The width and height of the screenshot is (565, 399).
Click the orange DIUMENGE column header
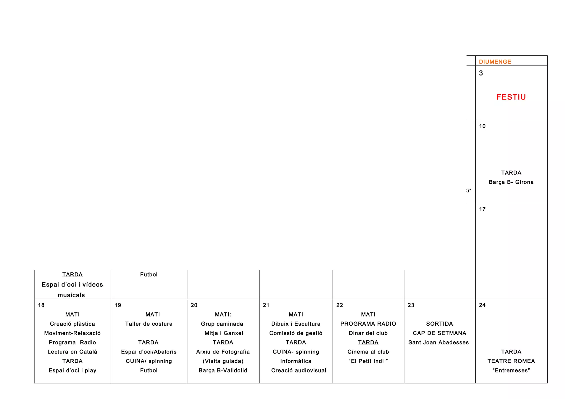click(x=495, y=62)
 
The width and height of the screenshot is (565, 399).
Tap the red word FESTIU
click(x=511, y=97)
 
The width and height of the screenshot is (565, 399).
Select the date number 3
click(x=481, y=73)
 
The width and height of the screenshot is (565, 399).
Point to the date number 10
click(x=482, y=126)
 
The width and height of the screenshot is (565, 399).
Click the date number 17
click(x=482, y=209)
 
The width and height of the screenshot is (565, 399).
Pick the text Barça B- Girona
click(x=511, y=182)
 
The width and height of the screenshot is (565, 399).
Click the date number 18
click(x=41, y=305)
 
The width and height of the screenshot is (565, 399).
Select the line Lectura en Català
click(x=72, y=352)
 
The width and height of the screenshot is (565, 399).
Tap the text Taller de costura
click(x=149, y=324)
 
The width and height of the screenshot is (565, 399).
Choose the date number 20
click(x=194, y=305)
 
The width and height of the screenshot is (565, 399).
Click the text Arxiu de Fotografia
click(x=223, y=352)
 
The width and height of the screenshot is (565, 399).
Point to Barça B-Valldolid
click(x=223, y=370)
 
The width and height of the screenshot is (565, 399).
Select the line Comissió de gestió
click(x=296, y=333)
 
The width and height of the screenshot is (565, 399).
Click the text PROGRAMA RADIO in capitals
click(x=368, y=324)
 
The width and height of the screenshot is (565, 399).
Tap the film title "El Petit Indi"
click(x=368, y=361)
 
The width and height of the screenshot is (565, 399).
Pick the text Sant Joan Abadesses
click(x=438, y=342)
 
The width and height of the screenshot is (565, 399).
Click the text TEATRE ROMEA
click(x=511, y=361)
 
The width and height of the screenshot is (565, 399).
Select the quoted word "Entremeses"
click(x=511, y=370)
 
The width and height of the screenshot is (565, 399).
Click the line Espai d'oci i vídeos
click(x=72, y=285)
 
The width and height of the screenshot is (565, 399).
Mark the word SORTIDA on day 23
click(x=439, y=324)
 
